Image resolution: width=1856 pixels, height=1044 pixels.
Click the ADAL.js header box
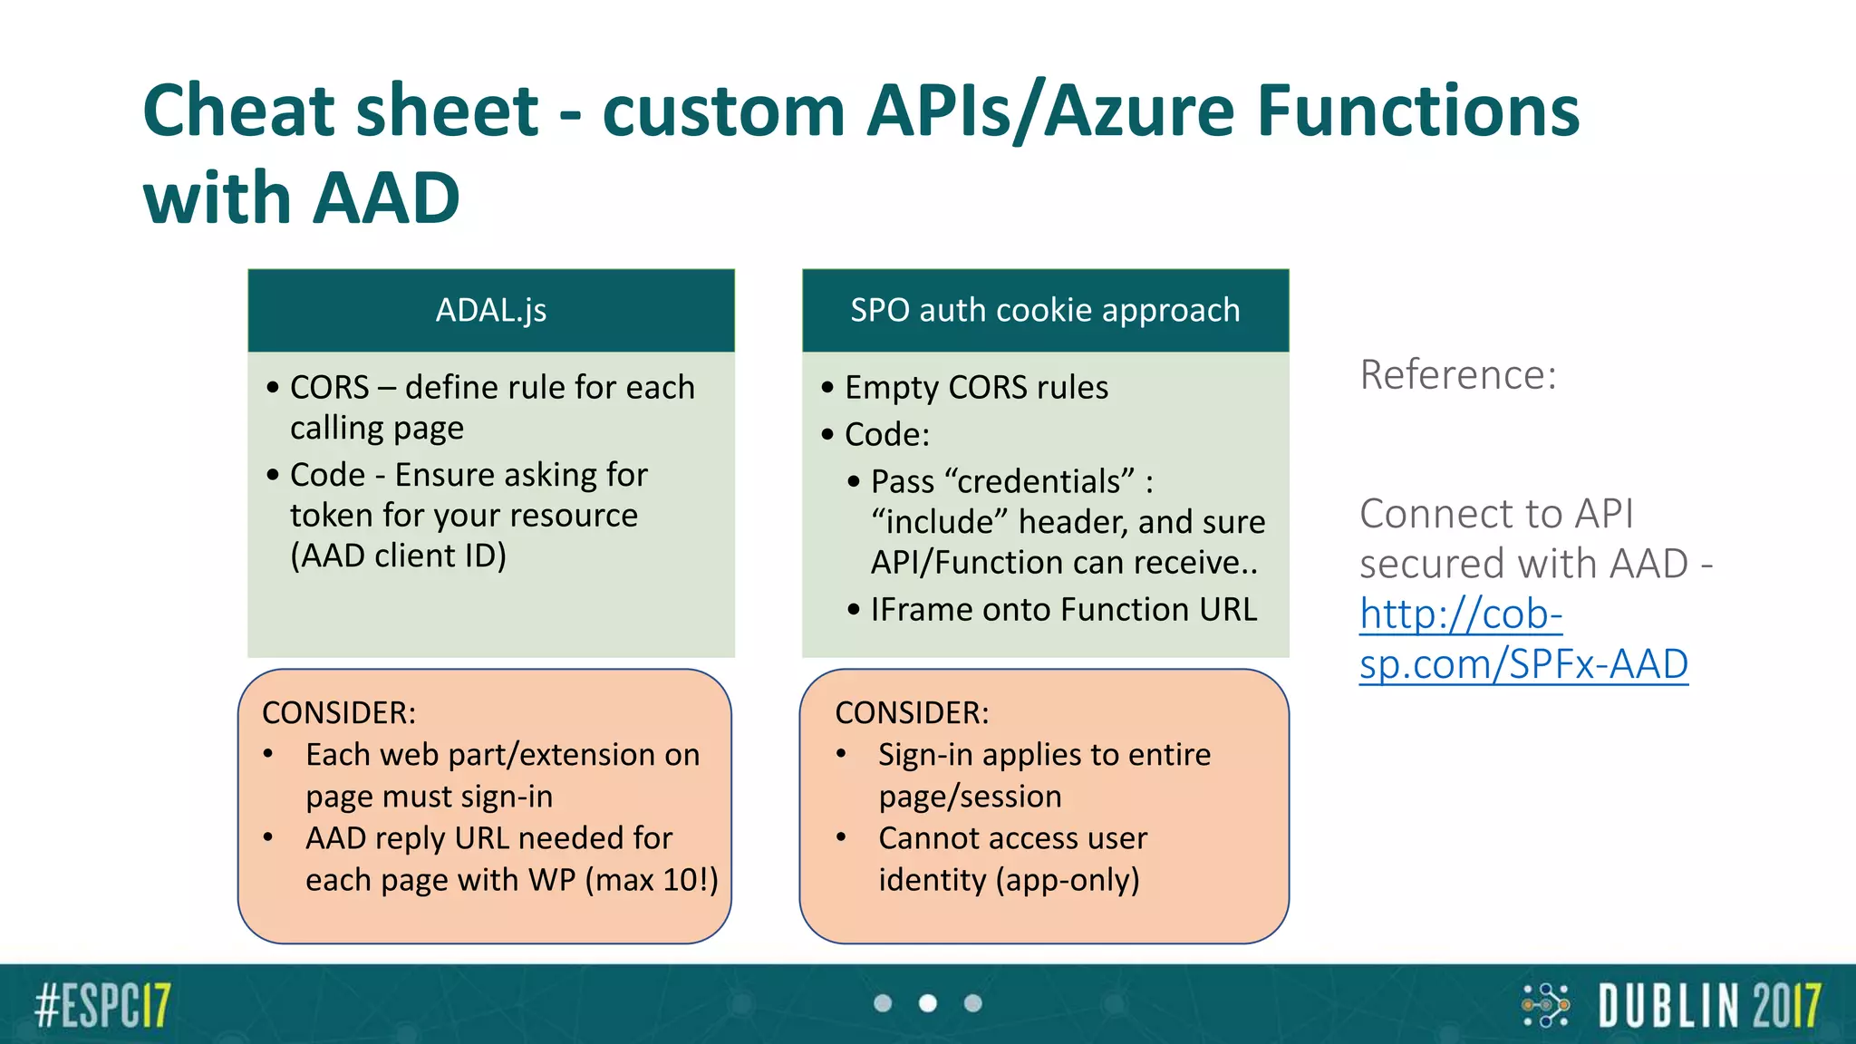tap(490, 310)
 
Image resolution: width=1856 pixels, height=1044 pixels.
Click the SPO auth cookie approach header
tap(1044, 310)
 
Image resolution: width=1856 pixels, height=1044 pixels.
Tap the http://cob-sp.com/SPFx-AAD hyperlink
tap(1522, 639)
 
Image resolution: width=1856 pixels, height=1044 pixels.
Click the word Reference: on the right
tap(1457, 374)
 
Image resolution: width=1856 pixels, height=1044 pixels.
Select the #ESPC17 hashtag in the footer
tap(102, 1005)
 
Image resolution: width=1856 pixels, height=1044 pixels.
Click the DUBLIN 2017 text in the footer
tap(1709, 1005)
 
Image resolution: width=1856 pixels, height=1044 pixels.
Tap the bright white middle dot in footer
tap(927, 1003)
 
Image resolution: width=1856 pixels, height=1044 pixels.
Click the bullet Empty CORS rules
tap(975, 388)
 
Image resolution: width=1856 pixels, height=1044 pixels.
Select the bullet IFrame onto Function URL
tap(1063, 610)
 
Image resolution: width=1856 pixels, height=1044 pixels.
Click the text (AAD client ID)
tap(398, 556)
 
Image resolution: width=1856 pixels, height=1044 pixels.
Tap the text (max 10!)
tap(652, 879)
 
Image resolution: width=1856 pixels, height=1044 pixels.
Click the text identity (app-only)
tap(1008, 879)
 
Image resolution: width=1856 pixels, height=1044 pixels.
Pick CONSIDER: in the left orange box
tap(339, 713)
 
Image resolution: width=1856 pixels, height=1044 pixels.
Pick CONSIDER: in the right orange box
tap(912, 713)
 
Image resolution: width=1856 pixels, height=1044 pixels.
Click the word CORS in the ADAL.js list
tap(329, 388)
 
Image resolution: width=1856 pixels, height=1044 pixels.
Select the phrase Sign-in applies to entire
tap(1044, 755)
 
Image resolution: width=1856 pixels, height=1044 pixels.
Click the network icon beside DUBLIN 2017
tap(1545, 1005)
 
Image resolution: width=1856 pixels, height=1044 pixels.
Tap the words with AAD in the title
tap(302, 198)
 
